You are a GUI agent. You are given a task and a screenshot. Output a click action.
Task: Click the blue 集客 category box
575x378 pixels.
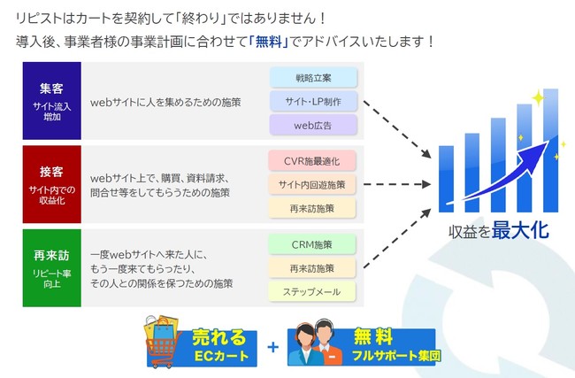(51, 101)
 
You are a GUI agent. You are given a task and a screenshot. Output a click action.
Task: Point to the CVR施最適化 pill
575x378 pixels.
(311, 161)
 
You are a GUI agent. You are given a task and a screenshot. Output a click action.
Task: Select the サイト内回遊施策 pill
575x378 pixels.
(311, 185)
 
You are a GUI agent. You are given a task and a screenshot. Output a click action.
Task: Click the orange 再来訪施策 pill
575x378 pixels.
(311, 209)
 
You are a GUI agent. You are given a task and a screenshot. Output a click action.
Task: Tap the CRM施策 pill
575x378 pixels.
(311, 244)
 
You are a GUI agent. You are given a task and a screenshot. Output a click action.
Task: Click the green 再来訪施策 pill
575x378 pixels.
(311, 268)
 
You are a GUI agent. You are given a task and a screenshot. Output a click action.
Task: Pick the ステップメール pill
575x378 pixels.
(311, 292)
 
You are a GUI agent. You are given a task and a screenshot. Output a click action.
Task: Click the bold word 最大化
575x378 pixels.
(521, 232)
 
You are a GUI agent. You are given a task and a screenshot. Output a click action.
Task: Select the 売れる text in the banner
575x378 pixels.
(213, 337)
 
